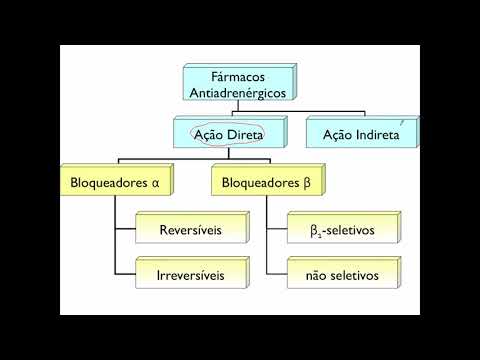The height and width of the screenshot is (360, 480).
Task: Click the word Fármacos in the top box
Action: (237, 76)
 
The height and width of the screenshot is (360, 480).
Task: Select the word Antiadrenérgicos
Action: (237, 92)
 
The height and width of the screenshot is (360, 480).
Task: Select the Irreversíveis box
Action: (190, 273)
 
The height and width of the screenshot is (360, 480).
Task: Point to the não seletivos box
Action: (343, 273)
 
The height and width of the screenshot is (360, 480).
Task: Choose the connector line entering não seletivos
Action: (277, 273)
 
